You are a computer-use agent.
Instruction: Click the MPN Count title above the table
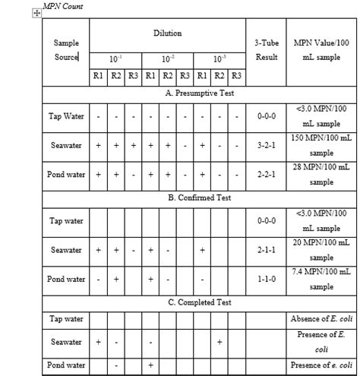(65, 6)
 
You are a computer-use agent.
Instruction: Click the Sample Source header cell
(66, 50)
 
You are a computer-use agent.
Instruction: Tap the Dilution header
(167, 34)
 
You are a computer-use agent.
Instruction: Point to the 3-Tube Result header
(267, 50)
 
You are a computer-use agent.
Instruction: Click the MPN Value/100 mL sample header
(321, 50)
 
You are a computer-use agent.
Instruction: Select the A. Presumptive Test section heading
(200, 93)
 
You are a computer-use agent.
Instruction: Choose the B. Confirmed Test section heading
(200, 197)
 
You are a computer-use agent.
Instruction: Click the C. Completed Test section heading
(200, 302)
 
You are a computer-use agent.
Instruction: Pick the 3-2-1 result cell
(267, 145)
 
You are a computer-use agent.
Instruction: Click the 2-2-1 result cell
(267, 174)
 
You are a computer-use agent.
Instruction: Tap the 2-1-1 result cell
(267, 250)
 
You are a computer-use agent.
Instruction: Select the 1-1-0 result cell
(267, 279)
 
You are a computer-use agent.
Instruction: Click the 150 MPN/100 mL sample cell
(321, 145)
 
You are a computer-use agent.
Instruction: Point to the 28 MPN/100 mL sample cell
(321, 174)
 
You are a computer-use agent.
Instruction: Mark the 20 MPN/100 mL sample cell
(321, 250)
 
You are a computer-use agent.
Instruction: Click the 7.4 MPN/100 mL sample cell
(321, 279)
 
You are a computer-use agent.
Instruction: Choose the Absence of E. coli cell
(321, 318)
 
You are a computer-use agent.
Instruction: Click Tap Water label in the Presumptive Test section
(66, 116)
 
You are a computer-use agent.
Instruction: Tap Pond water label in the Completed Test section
(66, 365)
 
